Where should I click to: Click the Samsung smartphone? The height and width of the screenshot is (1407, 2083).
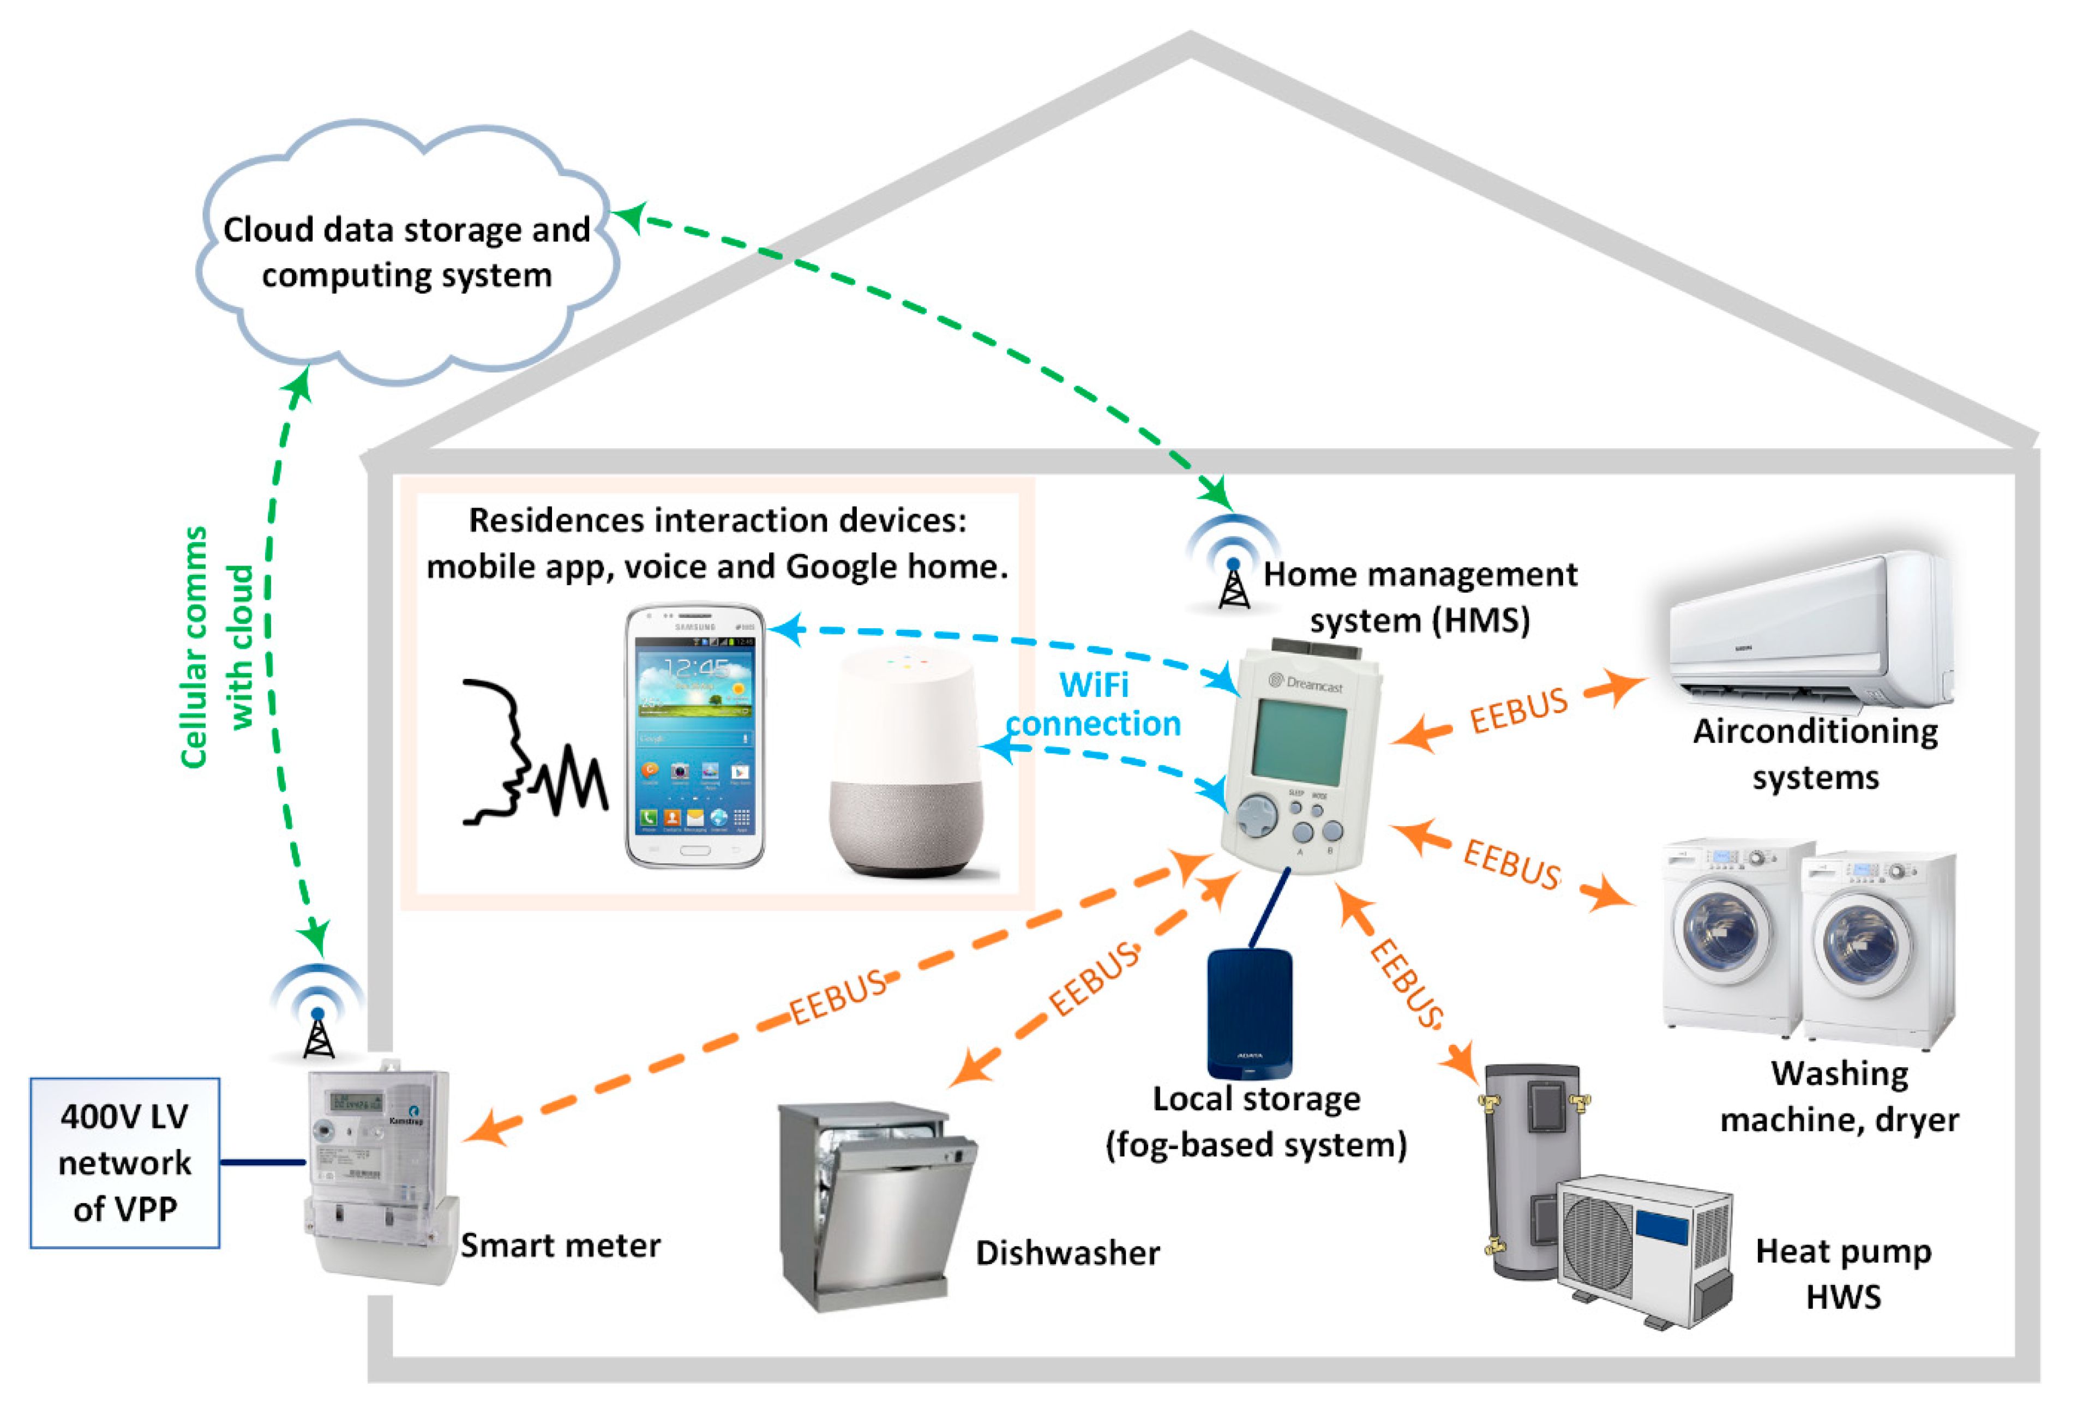pos(695,735)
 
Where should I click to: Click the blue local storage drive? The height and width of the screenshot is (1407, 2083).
pos(1250,1013)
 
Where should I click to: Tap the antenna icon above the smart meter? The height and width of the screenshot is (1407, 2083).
pos(318,1021)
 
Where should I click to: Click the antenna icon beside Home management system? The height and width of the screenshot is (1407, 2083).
pos(1233,574)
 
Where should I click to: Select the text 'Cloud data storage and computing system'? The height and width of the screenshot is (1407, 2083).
pos(406,252)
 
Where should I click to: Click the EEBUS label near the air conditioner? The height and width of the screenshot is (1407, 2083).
pos(1518,711)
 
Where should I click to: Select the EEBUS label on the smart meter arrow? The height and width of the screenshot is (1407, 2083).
pos(838,997)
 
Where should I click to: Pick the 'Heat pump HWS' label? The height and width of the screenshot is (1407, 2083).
pos(1843,1273)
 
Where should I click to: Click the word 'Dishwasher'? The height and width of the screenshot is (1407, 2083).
pos(1067,1253)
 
